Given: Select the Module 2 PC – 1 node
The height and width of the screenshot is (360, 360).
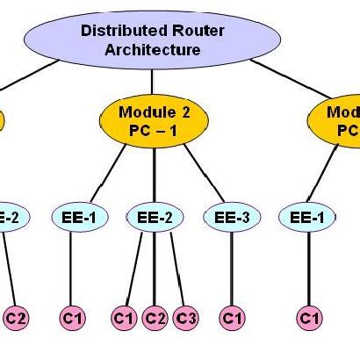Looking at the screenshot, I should tap(154, 122).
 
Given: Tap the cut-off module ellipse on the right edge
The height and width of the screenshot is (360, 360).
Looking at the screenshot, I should tap(338, 123).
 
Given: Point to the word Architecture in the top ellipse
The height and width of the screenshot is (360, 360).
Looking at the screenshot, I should tap(153, 49).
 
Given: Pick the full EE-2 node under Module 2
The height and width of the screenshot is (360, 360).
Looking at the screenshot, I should tap(155, 217).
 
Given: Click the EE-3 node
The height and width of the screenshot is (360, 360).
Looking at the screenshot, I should tap(230, 217).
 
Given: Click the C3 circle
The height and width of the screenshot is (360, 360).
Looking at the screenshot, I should tap(184, 317).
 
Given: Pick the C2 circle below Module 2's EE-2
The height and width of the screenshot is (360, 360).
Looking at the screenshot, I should tap(155, 317).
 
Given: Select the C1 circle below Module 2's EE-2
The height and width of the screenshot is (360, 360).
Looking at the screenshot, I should tap(125, 317).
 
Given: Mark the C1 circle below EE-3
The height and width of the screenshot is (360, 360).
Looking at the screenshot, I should tap(231, 317).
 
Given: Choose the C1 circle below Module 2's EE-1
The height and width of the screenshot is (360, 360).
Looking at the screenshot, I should tap(71, 317).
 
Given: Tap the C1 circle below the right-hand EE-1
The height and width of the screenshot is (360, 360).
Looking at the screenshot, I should tap(307, 317).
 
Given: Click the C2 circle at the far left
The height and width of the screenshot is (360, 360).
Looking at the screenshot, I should tap(17, 317).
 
